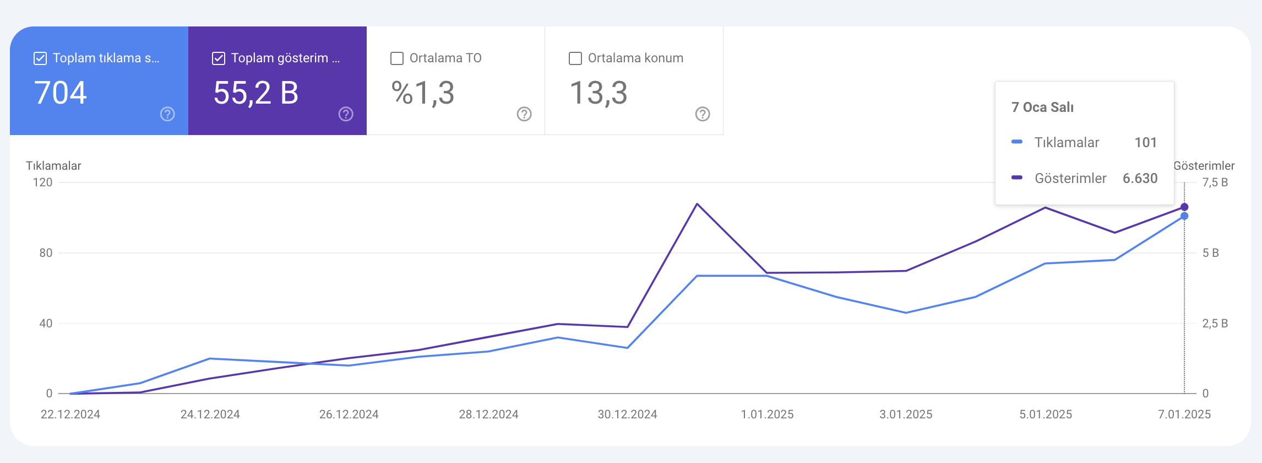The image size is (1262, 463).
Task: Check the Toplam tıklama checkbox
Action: pyautogui.click(x=40, y=58)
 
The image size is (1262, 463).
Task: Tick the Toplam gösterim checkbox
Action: pyautogui.click(x=219, y=58)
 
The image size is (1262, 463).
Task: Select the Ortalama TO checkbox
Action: pyautogui.click(x=397, y=58)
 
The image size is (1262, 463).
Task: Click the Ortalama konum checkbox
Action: pyautogui.click(x=575, y=58)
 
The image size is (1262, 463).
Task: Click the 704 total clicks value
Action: pyautogui.click(x=61, y=93)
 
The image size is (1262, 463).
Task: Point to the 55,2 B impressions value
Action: pyautogui.click(x=256, y=93)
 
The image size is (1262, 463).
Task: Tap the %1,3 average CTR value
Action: pyautogui.click(x=423, y=93)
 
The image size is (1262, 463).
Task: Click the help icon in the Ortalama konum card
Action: pyautogui.click(x=703, y=114)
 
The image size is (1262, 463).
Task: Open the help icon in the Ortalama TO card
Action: pyautogui.click(x=524, y=114)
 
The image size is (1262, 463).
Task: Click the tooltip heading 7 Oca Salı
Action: pyautogui.click(x=1042, y=107)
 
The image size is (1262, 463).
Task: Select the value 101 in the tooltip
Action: pyautogui.click(x=1145, y=143)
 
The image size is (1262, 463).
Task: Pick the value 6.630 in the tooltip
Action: pyautogui.click(x=1140, y=179)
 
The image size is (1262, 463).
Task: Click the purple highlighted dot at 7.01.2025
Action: pyautogui.click(x=1184, y=207)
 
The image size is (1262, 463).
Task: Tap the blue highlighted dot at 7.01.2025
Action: pyautogui.click(x=1184, y=216)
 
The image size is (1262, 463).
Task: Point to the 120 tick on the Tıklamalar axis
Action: pyautogui.click(x=43, y=182)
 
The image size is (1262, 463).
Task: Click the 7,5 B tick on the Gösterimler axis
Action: pyautogui.click(x=1215, y=182)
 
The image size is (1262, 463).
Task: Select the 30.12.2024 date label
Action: pyautogui.click(x=628, y=414)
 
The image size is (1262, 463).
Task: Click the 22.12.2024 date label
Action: pyautogui.click(x=70, y=414)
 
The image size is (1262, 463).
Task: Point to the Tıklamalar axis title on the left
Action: pyautogui.click(x=53, y=166)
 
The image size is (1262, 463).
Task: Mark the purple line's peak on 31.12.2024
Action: pyautogui.click(x=697, y=204)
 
